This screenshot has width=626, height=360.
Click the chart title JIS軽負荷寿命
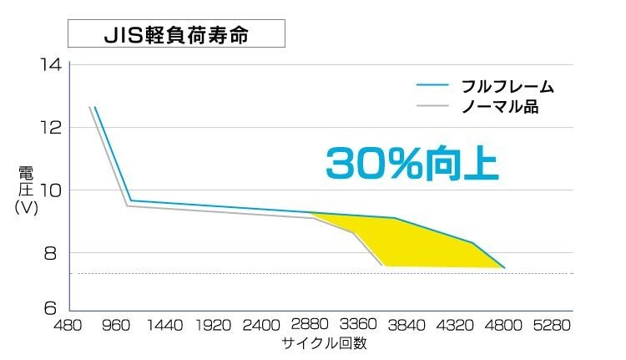point(176,37)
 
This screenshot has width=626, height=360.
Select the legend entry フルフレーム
point(508,87)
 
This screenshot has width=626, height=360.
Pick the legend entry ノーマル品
point(499,107)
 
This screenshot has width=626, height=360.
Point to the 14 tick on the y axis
point(51,65)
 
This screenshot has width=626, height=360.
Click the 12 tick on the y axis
point(51,128)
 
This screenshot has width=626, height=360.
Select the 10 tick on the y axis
point(51,190)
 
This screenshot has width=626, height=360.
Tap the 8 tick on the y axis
point(53,253)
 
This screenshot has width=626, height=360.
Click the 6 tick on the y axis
point(53,307)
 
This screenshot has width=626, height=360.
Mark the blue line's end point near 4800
point(503,267)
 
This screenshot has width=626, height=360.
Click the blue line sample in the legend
point(433,87)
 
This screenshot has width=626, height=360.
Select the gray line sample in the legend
point(433,107)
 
